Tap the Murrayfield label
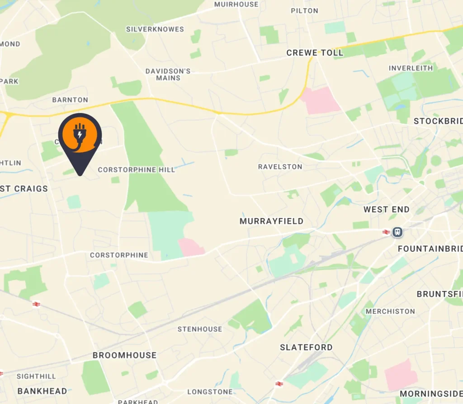(271, 221)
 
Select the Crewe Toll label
(315, 53)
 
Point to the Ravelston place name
(280, 167)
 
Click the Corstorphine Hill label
(136, 170)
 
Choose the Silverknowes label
(155, 29)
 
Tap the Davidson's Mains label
(168, 75)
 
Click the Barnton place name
(70, 100)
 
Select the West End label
(387, 210)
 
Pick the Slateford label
(306, 348)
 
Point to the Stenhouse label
(199, 329)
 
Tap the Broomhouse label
(124, 355)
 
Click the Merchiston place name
(390, 311)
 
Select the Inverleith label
(411, 68)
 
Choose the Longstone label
(210, 392)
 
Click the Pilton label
(304, 11)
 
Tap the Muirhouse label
(236, 5)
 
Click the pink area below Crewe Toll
(321, 101)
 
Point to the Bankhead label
(42, 391)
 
